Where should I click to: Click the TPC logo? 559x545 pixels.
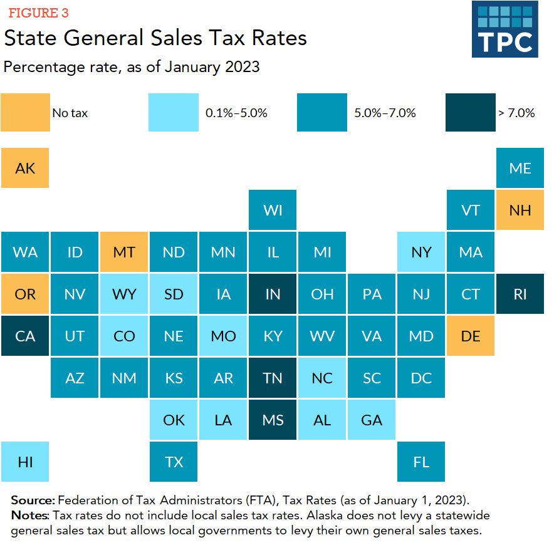point(504,29)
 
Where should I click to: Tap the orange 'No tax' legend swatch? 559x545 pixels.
point(26,113)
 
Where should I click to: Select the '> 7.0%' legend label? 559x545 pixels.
point(516,113)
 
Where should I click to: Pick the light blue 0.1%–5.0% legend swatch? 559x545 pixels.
point(174,113)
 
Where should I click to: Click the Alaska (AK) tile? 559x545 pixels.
point(26,168)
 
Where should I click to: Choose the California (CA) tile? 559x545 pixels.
point(26,336)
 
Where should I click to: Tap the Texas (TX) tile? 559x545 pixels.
point(174,462)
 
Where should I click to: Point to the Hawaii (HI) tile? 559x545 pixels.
point(26,462)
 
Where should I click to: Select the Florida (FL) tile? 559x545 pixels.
point(421,462)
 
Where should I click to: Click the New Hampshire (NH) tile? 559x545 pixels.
point(520,210)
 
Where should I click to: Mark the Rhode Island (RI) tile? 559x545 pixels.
point(520,294)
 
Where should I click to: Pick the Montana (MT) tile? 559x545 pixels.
point(124,252)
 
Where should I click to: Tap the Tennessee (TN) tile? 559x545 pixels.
point(273,378)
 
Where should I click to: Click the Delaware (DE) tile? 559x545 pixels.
point(471,336)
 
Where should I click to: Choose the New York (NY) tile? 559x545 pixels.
point(421,252)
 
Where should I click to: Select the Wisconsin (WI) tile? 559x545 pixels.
point(273,210)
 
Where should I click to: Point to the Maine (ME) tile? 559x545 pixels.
point(520,168)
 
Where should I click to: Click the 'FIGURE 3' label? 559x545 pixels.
point(38,13)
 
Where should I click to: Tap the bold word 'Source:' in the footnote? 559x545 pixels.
point(33,500)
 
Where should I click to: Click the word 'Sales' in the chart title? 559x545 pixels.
point(177,38)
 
